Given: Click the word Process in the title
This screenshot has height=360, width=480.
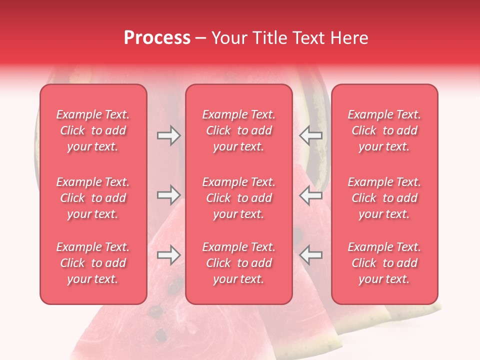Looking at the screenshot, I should pos(157,38).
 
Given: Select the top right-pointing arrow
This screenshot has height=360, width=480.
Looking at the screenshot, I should pos(168,135).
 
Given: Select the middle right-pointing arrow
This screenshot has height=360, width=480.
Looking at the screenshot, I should pos(168,195).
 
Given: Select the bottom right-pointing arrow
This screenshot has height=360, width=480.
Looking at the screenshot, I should pos(168,255).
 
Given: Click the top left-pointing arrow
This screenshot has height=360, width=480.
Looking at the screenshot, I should pos(311,135).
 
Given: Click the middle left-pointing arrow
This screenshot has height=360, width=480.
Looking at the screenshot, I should pos(311,195).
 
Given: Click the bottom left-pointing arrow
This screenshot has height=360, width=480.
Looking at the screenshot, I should pos(311,255).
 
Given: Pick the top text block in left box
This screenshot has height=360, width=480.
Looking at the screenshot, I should pos(93,130).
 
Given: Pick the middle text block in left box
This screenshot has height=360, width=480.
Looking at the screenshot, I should pos(93,198).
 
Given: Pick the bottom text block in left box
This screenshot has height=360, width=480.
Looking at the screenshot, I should pos(93,263).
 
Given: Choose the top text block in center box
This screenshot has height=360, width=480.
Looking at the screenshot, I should pos(239,130).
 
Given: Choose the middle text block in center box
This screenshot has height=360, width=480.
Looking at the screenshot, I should pos(239,198).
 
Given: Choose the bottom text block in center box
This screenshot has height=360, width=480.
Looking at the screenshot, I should pos(239,263).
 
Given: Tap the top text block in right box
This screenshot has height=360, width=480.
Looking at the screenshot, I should pos(384,130).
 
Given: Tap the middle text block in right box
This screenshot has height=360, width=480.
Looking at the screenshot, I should pos(384,198).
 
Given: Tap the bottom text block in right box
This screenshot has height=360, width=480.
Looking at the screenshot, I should pos(384,263).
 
